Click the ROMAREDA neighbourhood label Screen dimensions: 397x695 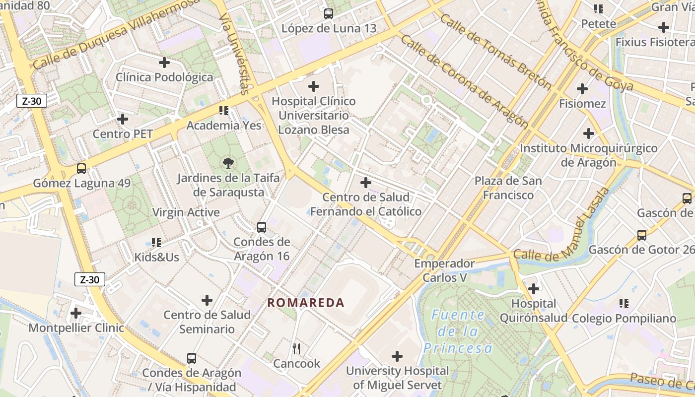click(306, 303)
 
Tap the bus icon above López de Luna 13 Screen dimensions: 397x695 click(328, 14)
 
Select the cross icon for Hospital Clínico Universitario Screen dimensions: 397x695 click(314, 86)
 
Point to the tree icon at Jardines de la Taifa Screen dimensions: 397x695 click(228, 163)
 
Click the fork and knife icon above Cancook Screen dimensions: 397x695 click(296, 349)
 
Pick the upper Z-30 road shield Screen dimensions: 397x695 click(32, 101)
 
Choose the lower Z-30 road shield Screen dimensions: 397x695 click(90, 279)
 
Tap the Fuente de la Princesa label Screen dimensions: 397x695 click(458, 331)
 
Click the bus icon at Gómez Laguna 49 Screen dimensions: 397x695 click(81, 169)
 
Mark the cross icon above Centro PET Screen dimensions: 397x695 click(123, 119)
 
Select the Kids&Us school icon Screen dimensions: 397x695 click(156, 243)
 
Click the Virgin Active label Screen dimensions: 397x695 click(186, 212)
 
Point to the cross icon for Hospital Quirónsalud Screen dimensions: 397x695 click(534, 288)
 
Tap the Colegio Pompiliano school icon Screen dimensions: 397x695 click(624, 303)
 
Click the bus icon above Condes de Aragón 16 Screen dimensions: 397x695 click(262, 227)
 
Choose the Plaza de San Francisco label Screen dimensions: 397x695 click(508, 188)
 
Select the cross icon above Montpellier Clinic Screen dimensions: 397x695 click(76, 313)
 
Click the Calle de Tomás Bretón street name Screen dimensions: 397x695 click(495, 52)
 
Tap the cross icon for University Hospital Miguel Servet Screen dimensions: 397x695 click(397, 356)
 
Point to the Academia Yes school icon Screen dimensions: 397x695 click(223, 110)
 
